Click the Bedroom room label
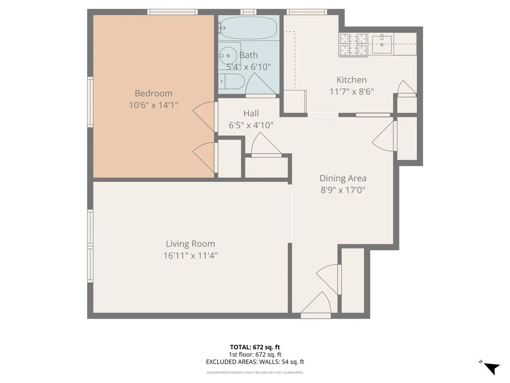153,93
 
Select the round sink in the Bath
229,54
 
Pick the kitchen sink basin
382,44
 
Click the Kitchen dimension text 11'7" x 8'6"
351,91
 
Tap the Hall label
251,113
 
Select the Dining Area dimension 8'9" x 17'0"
343,190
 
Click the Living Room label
190,244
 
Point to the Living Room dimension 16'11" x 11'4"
190,255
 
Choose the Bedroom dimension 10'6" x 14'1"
153,105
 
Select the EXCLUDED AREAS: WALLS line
255,362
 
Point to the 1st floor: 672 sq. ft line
255,354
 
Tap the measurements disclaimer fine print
255,373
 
